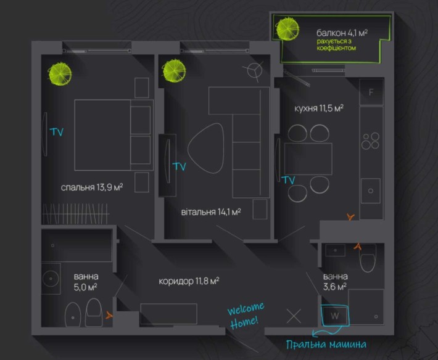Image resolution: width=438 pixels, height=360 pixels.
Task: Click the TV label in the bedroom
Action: [57, 132]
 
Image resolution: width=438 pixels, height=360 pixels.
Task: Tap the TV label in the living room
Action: [180, 166]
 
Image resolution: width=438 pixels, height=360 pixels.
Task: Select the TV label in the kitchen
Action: [288, 180]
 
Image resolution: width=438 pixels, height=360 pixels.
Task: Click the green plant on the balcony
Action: [287, 29]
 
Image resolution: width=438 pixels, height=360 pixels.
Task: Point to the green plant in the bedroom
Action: [60, 74]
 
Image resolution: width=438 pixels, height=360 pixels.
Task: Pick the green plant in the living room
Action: [174, 71]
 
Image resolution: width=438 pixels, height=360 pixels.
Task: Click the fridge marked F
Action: [371, 92]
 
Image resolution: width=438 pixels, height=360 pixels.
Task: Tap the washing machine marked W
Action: [334, 316]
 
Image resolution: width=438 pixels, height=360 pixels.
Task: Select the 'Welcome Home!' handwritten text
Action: [246, 316]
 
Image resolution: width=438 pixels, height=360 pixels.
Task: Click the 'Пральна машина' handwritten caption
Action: [326, 345]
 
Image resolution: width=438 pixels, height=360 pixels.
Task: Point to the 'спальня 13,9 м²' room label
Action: [92, 187]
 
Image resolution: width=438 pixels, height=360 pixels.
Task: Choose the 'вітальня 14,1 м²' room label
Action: [211, 212]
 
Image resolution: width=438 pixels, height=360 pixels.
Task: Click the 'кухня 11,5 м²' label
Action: [319, 108]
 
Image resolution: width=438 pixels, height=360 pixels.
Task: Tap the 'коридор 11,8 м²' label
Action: [189, 280]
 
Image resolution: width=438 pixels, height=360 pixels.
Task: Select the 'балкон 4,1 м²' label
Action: [342, 33]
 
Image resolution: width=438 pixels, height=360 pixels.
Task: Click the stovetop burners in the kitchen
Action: [370, 141]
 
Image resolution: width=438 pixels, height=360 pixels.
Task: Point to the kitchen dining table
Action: [308, 159]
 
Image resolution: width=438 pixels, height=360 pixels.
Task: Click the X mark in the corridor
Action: [294, 316]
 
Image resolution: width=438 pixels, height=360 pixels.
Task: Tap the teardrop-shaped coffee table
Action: [206, 149]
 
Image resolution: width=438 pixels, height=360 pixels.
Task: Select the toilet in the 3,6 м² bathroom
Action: [368, 258]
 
